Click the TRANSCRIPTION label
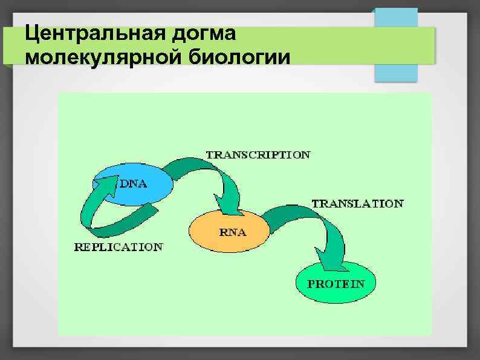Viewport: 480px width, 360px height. click(x=258, y=155)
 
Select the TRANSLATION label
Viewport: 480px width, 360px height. click(x=357, y=204)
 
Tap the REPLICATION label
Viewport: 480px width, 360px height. click(x=118, y=247)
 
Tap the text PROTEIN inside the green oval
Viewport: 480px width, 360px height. click(x=336, y=284)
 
